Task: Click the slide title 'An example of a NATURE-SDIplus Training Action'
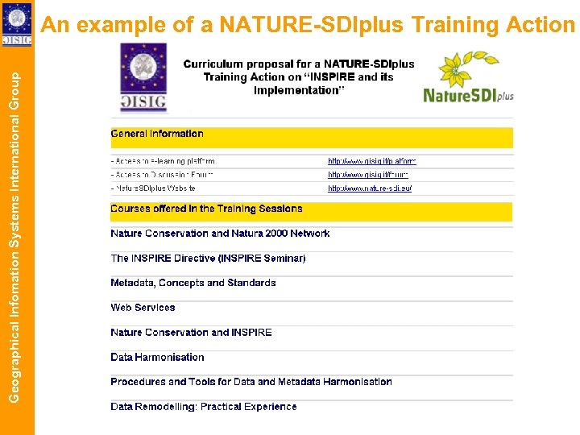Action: tap(308, 25)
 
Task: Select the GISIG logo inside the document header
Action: tap(143, 77)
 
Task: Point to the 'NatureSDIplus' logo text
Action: tap(468, 95)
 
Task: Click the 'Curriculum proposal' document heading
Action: tap(298, 77)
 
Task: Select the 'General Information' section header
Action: tap(157, 134)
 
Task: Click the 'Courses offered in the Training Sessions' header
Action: tap(206, 209)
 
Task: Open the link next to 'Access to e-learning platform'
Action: tap(371, 161)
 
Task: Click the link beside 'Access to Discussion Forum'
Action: tap(367, 175)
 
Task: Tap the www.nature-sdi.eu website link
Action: tap(370, 188)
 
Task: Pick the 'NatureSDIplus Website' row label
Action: tap(153, 188)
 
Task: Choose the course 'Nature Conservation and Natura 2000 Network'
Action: tap(220, 234)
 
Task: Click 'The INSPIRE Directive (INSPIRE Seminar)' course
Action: tap(208, 259)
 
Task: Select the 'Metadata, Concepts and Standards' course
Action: tap(193, 283)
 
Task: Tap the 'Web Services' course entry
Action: tap(143, 308)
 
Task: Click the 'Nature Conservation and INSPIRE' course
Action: tap(191, 332)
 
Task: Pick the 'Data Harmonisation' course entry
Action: tap(157, 357)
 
